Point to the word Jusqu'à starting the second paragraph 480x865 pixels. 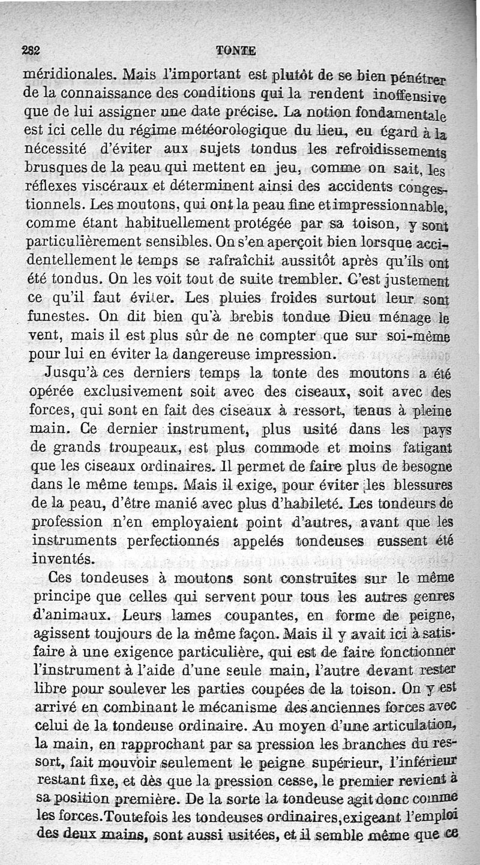coord(71,372)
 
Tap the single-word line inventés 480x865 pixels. coord(62,559)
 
